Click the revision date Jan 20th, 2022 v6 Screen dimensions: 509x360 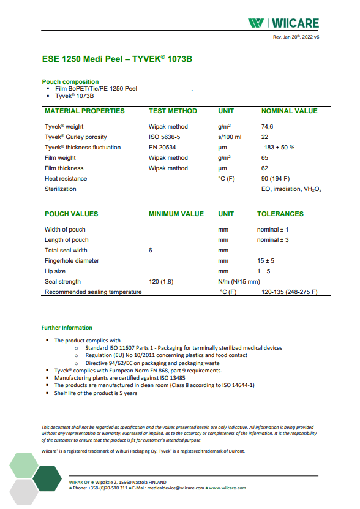[x=296, y=37]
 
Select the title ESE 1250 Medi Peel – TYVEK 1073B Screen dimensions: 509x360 [x=118, y=59]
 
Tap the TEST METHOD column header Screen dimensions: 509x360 [x=173, y=111]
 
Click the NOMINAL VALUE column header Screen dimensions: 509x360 [x=289, y=111]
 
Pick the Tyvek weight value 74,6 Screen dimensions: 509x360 [x=268, y=127]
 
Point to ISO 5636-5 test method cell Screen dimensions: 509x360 [x=165, y=137]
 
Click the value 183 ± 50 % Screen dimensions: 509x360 [x=279, y=148]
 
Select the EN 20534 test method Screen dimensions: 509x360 [x=162, y=148]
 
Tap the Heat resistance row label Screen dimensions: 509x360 [x=66, y=179]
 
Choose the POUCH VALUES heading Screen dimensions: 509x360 [x=71, y=214]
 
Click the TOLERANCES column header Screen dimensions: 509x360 [x=280, y=214]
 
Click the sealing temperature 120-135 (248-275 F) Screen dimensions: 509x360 [x=289, y=292]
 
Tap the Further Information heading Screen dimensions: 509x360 [x=67, y=328]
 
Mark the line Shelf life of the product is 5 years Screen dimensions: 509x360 [x=96, y=393]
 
